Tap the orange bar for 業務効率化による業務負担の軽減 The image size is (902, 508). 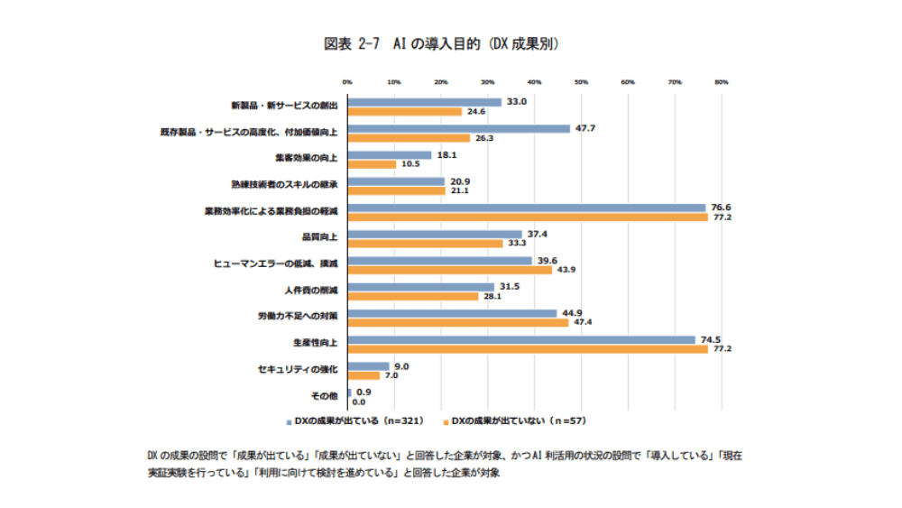click(528, 217)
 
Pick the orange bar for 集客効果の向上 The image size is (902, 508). click(373, 164)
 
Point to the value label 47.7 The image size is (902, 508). click(585, 128)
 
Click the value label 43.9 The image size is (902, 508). click(565, 270)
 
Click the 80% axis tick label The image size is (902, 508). click(721, 82)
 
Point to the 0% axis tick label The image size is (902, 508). click(348, 82)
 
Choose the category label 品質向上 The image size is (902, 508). click(320, 236)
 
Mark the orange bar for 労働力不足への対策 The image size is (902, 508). click(458, 322)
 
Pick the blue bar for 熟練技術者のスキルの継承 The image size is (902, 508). click(396, 181)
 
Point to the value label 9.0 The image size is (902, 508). click(402, 366)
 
